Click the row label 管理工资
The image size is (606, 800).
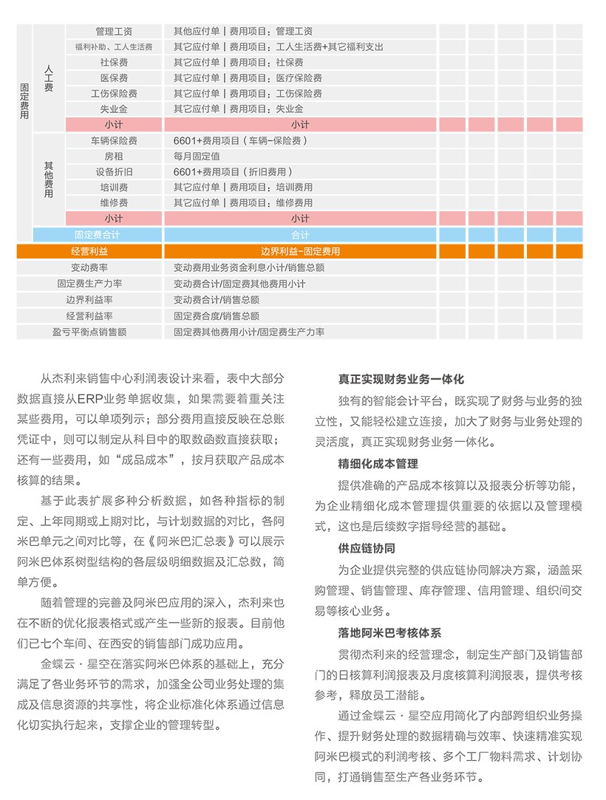click(x=114, y=32)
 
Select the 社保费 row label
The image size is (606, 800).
click(x=114, y=63)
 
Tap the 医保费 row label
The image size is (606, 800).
click(x=114, y=78)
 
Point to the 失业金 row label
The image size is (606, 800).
click(x=114, y=109)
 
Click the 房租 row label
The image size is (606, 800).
click(x=114, y=157)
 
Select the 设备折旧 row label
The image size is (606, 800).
click(x=114, y=172)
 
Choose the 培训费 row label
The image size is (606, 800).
click(x=114, y=188)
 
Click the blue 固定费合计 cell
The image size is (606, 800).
click(x=98, y=235)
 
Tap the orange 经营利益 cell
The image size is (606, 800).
click(x=89, y=251)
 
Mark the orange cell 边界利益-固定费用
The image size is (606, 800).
click(x=300, y=251)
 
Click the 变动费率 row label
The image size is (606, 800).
click(x=89, y=267)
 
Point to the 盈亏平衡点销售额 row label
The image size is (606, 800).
click(x=89, y=332)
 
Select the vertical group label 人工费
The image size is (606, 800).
click(x=49, y=78)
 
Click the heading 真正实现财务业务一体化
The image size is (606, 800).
click(x=401, y=380)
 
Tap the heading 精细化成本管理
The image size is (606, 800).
click(x=378, y=465)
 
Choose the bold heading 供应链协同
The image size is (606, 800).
click(x=367, y=549)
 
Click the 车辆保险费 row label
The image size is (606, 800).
click(x=114, y=141)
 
